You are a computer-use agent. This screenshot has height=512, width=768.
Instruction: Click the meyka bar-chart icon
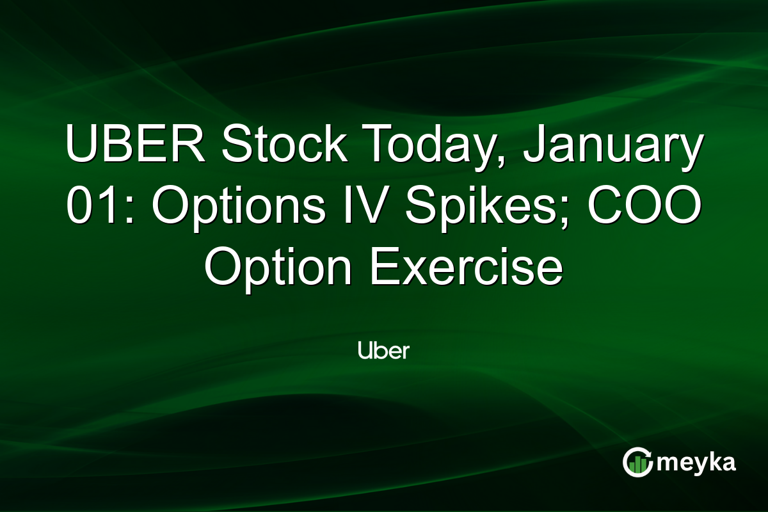click(637, 463)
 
